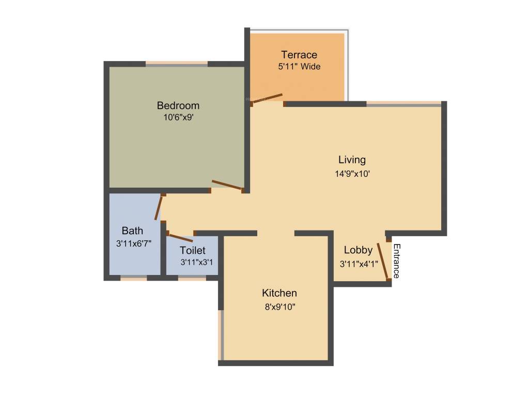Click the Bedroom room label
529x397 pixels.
point(178,105)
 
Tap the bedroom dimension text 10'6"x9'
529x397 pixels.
point(178,117)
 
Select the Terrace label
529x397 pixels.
point(299,55)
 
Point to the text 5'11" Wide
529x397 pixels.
point(299,66)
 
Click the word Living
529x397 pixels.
point(352,159)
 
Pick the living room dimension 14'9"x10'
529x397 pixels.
point(352,174)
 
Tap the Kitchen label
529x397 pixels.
point(279,293)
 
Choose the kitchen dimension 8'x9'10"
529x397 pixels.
point(279,307)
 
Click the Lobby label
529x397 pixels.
point(358,250)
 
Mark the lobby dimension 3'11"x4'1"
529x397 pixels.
point(359,263)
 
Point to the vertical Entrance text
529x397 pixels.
point(397,261)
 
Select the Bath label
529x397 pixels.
point(132,231)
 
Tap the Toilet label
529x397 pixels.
point(192,251)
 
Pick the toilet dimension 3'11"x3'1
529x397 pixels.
point(197,263)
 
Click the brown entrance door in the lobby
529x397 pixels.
point(383,261)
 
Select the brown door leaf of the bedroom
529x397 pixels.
point(227,185)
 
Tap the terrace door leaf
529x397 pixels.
point(267,99)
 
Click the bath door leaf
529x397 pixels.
point(159,208)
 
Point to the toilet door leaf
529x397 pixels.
point(181,238)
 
